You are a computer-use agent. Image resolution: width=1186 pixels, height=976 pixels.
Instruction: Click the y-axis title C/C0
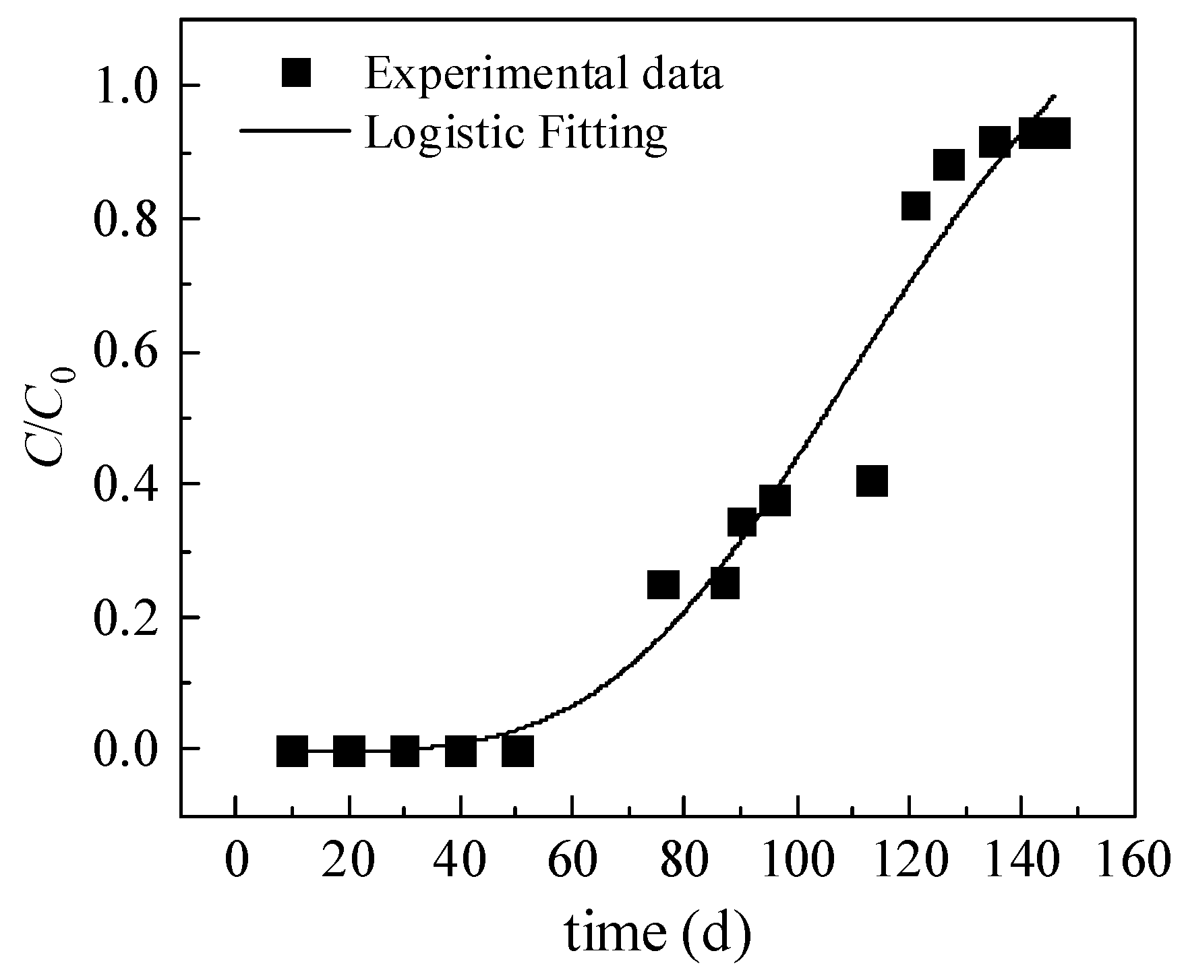click(50, 415)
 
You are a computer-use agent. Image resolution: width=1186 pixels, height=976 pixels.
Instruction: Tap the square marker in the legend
click(296, 73)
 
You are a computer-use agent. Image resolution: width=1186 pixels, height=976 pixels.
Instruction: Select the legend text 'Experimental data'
click(543, 74)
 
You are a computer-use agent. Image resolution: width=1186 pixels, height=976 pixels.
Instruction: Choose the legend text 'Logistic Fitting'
click(516, 132)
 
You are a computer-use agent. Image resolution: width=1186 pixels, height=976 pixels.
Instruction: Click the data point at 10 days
click(292, 751)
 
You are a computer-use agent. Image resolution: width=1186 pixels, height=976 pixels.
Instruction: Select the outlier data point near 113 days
click(872, 481)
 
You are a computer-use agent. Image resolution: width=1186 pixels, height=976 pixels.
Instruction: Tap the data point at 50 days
click(518, 751)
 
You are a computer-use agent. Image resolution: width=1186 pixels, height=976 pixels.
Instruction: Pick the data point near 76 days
click(663, 584)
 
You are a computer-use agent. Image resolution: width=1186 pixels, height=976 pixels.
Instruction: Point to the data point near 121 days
click(916, 206)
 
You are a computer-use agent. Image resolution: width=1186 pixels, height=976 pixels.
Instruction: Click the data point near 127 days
click(949, 165)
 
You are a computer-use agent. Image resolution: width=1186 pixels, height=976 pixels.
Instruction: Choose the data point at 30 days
click(405, 751)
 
